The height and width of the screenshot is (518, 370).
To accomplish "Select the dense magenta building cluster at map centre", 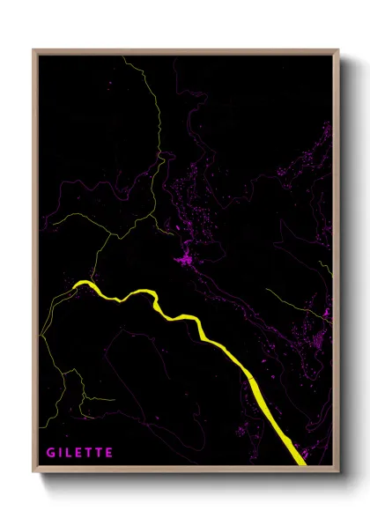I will tap(186, 259).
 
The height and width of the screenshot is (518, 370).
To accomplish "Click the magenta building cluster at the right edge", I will tap(323, 313).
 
